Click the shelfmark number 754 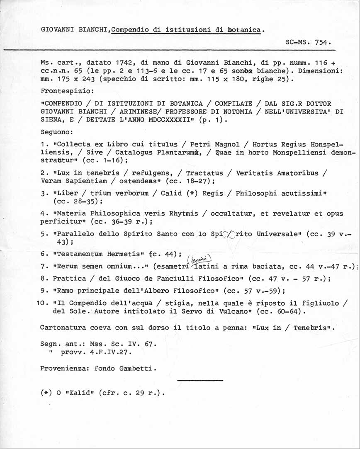pos(322,42)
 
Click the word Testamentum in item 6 pos(76,253)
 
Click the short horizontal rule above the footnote pos(199,380)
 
